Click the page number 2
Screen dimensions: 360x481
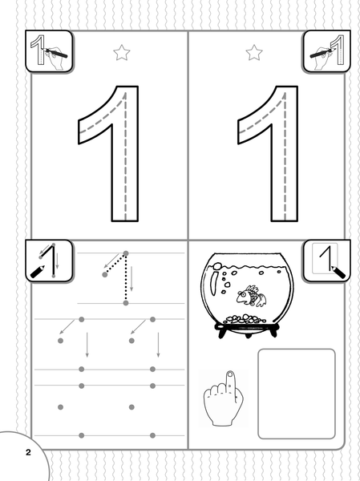pos(28,452)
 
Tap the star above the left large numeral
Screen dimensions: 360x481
pos(122,53)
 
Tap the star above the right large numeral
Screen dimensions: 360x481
pos(254,53)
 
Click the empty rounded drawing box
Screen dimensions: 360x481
pos(297,394)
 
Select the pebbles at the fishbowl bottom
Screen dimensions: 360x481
pos(245,319)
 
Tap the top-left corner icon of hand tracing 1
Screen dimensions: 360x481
pos(49,51)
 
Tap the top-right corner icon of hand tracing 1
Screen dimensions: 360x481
pos(326,51)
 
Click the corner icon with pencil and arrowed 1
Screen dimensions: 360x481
pos(49,261)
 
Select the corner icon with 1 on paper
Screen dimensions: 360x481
pos(326,261)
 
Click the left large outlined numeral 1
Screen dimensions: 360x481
pos(124,153)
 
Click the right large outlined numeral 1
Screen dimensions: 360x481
pos(284,153)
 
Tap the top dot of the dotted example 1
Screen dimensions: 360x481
pos(126,253)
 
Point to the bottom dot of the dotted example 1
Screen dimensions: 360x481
pos(126,303)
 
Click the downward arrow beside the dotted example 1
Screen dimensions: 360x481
pos(131,278)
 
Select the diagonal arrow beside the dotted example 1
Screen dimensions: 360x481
pos(111,261)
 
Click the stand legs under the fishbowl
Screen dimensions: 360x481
pos(247,330)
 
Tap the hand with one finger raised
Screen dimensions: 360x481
pos(224,398)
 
